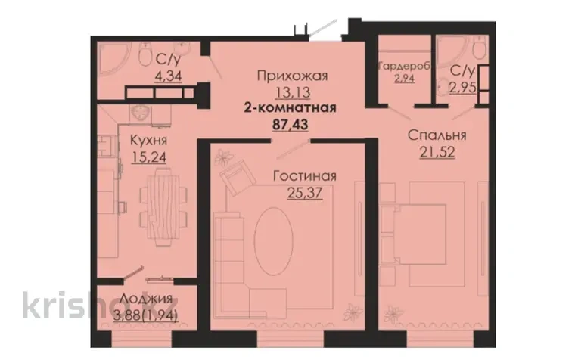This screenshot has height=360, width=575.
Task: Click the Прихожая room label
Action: tap(292, 76)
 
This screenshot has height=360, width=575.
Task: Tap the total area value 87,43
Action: tap(290, 124)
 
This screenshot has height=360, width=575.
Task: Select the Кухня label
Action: tap(149, 141)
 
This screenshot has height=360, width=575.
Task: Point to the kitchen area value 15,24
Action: tap(149, 157)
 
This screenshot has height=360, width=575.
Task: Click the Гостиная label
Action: tap(305, 176)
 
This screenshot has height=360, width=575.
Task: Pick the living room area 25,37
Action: tap(305, 192)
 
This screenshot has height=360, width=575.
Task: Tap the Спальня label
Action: tap(437, 135)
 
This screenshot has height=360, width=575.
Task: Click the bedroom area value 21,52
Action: tap(437, 151)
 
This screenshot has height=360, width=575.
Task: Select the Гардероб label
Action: tap(404, 66)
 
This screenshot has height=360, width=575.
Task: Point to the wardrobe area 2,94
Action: tap(404, 78)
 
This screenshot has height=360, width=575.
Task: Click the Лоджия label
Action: tap(146, 299)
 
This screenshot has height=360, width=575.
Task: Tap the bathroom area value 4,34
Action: tap(168, 76)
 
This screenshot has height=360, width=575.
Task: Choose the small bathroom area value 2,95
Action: tap(463, 88)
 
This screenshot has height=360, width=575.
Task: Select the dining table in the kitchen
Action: tap(161, 207)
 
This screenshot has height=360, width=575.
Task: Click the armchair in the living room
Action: tap(238, 178)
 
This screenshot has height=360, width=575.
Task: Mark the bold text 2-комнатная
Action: tap(290, 108)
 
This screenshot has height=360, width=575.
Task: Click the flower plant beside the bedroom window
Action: tap(392, 314)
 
